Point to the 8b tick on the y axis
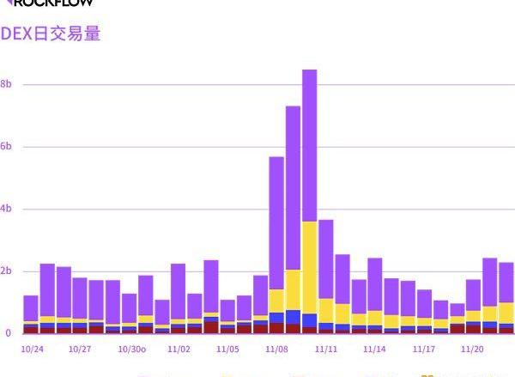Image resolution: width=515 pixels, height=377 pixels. point(5,84)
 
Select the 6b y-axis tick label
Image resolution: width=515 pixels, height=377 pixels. point(5,147)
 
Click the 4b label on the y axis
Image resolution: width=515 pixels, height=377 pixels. point(5,210)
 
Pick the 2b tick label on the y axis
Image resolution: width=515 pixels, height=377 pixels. point(5,272)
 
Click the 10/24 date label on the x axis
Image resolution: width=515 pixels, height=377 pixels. point(31,350)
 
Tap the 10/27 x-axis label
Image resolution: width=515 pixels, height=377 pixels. point(80,350)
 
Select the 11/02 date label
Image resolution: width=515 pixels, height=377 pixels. point(179,350)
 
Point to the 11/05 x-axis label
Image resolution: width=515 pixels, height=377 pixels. point(227,350)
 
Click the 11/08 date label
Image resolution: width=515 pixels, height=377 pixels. point(276,350)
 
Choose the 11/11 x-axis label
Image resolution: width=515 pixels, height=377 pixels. point(325,350)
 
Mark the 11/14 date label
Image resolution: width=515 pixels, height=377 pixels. point(374,350)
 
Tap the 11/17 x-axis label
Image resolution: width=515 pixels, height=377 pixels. point(424,350)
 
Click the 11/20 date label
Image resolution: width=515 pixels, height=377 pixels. point(473,350)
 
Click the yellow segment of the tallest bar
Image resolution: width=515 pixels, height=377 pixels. point(310,266)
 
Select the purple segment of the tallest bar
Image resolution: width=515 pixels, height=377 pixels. point(310,146)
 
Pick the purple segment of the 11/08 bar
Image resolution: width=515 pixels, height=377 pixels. point(276,223)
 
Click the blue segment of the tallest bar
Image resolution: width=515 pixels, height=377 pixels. point(310,319)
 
